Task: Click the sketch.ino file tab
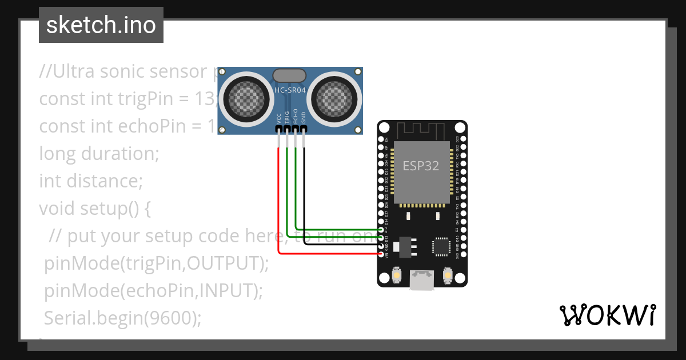click(101, 25)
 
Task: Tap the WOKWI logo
click(607, 315)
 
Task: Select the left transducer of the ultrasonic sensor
click(246, 99)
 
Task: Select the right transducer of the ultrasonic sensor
click(333, 99)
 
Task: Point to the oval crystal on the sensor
click(290, 75)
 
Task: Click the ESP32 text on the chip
click(421, 166)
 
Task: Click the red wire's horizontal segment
click(329, 253)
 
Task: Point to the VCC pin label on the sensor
click(279, 118)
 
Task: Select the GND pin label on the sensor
click(304, 118)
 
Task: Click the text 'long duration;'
click(99, 154)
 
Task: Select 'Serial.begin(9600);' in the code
click(123, 318)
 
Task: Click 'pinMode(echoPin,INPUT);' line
click(153, 290)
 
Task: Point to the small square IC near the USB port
click(442, 246)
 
